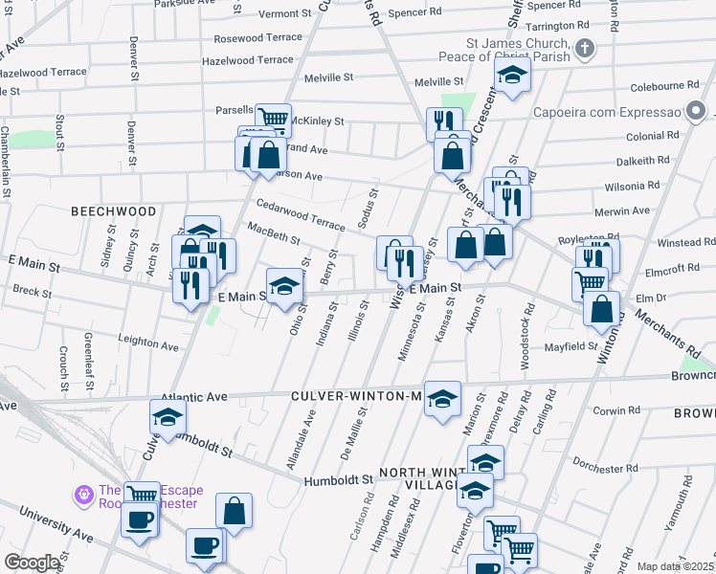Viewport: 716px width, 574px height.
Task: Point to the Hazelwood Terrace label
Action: coord(248,59)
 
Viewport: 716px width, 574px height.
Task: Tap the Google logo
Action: coord(32,562)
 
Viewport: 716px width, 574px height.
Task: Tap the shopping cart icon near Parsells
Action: coord(273,119)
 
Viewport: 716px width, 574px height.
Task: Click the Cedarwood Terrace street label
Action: coord(300,214)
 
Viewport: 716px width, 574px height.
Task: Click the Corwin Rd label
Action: coord(615,410)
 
